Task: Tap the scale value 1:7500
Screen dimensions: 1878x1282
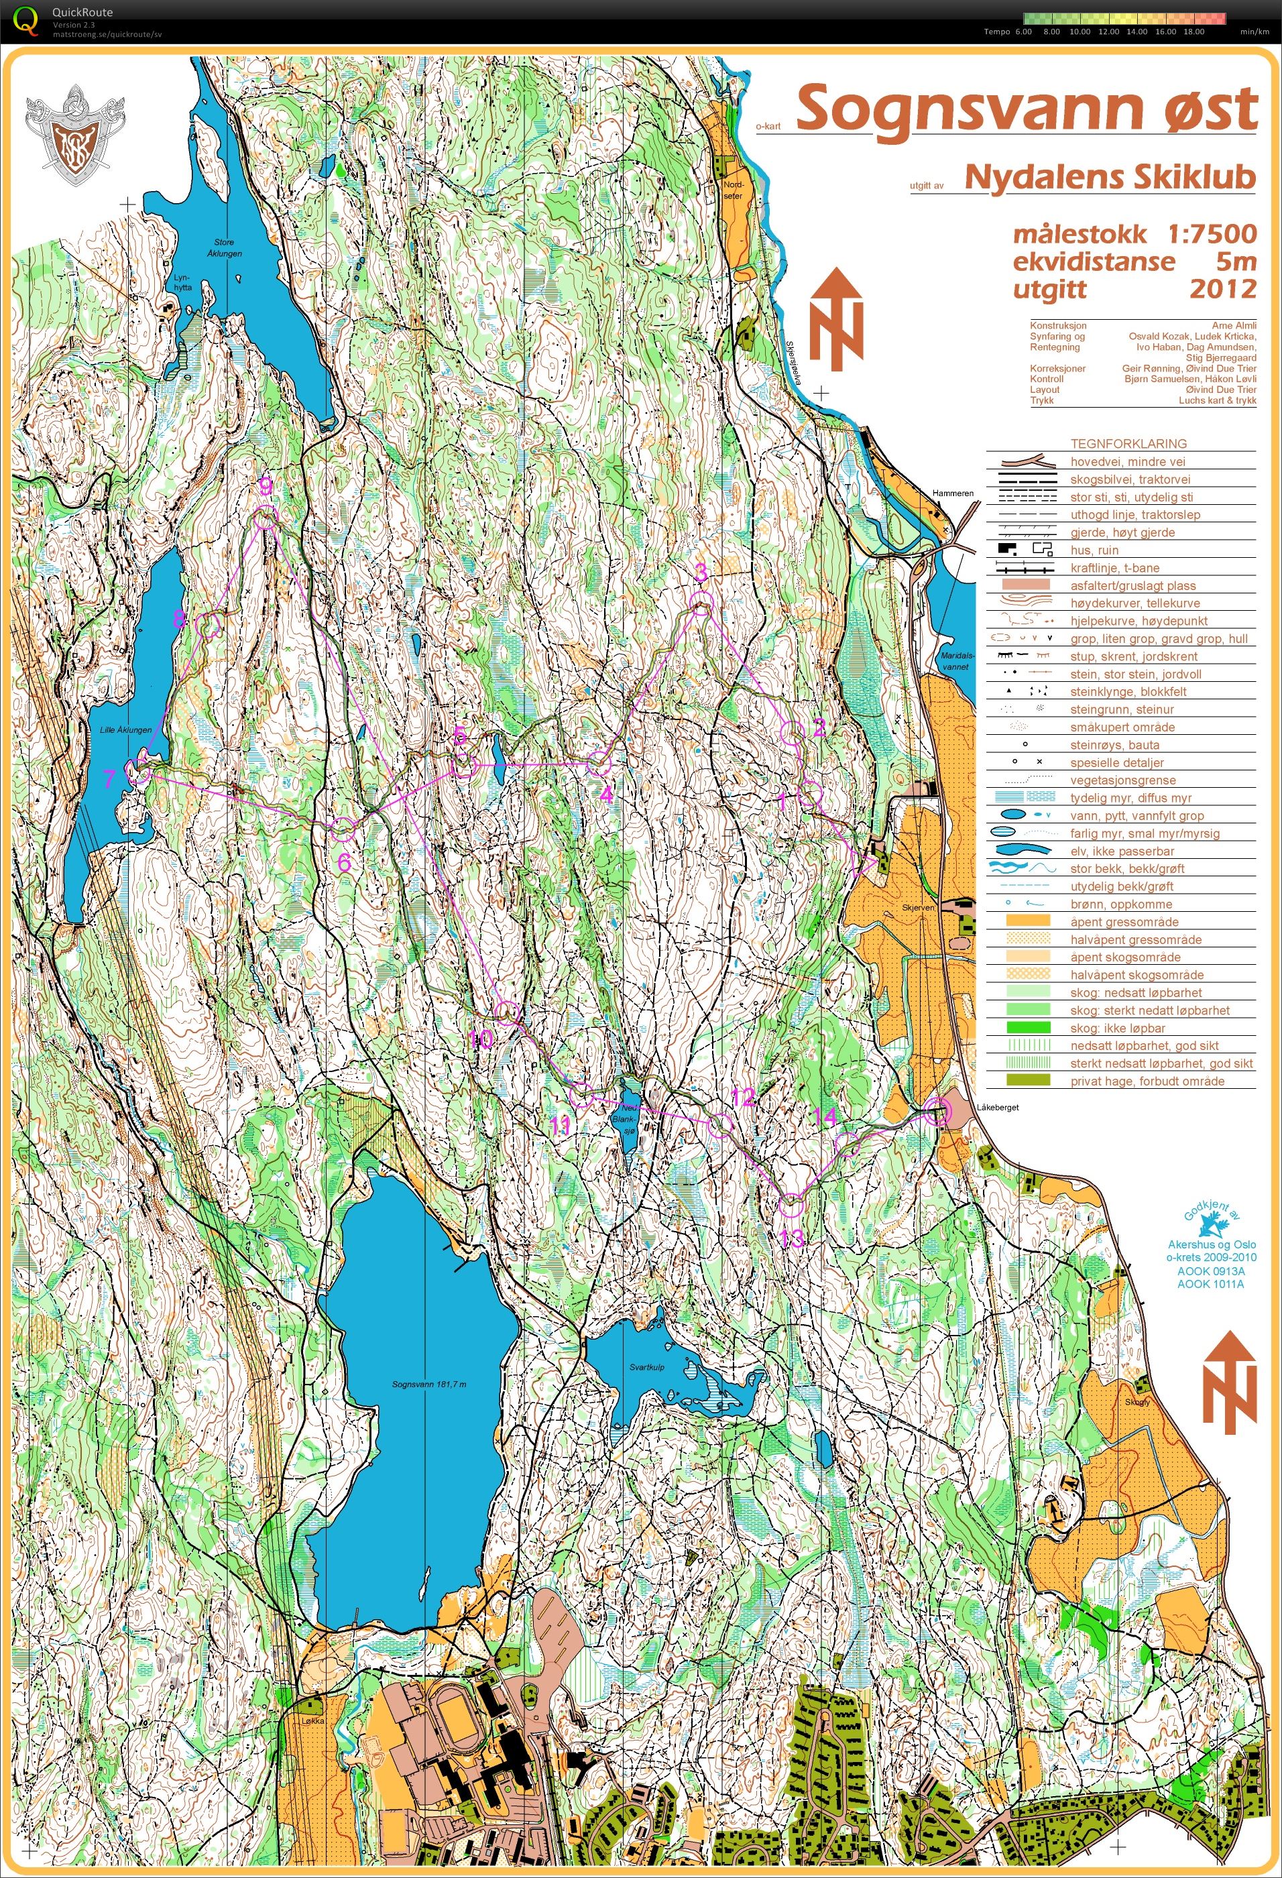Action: [x=1212, y=235]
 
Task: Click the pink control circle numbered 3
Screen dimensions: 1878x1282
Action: [x=701, y=602]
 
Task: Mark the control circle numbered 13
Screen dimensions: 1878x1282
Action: [x=791, y=1204]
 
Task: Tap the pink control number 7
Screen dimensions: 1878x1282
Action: [x=110, y=779]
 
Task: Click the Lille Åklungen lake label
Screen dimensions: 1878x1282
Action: [x=125, y=729]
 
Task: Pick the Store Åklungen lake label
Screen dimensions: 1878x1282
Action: [x=224, y=247]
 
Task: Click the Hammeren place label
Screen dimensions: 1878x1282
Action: [x=952, y=493]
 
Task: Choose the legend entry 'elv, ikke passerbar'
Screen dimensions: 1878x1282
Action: [x=1122, y=851]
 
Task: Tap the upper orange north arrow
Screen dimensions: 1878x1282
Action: [x=837, y=319]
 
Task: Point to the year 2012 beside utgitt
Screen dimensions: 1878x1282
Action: [x=1222, y=289]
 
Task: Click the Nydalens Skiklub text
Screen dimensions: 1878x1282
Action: [x=1110, y=178]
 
